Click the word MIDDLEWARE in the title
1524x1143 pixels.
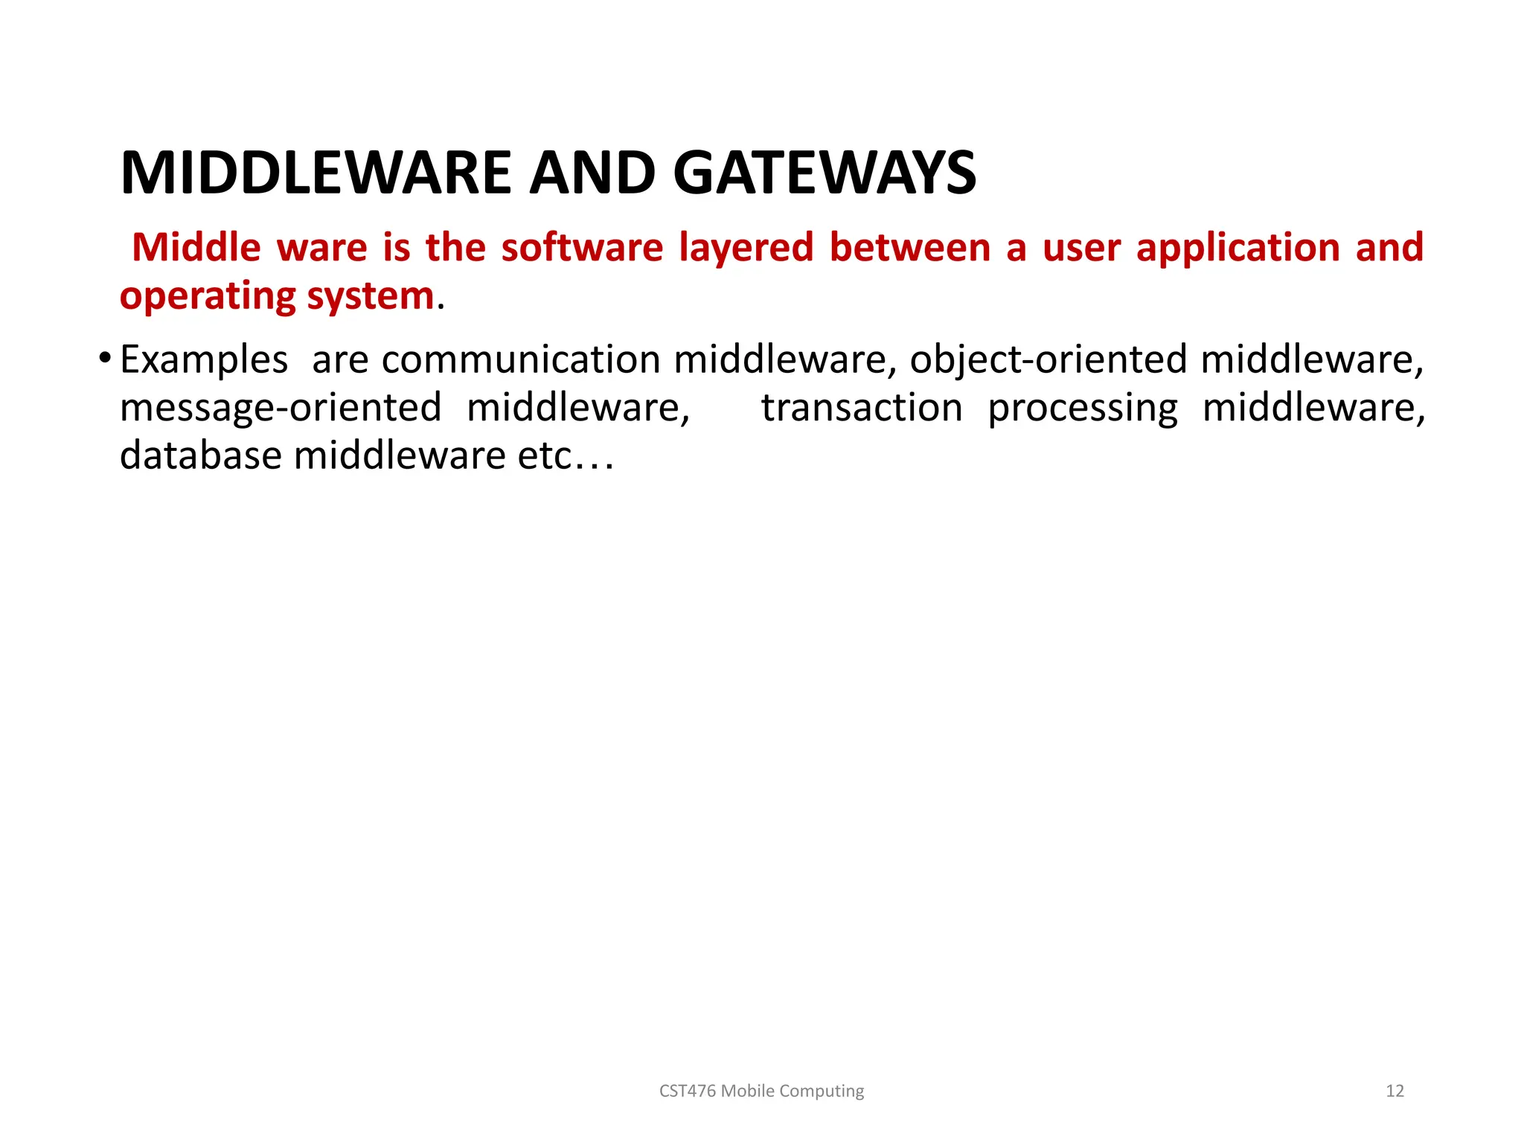316,173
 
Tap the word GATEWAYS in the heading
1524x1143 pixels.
824,173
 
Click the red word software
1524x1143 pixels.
581,248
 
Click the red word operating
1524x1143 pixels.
208,296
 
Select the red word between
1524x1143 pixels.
909,248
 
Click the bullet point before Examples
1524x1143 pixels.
104,359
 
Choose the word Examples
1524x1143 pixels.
203,360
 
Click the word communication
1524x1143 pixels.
520,360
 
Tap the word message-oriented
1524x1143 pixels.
281,409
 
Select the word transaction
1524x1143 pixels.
861,409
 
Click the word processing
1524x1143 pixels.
1082,409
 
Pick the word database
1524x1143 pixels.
200,455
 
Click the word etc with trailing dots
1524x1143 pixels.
566,455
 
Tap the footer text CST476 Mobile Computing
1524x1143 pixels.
761,1091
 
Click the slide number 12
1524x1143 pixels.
1395,1091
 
